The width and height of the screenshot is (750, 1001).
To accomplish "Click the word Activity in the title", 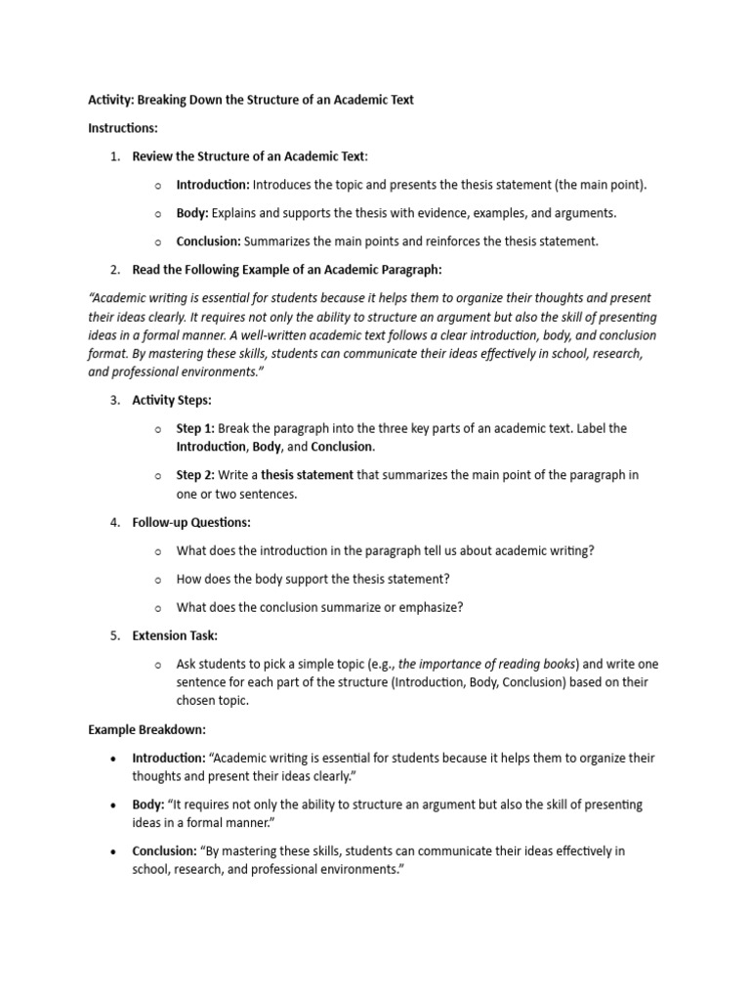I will pos(110,100).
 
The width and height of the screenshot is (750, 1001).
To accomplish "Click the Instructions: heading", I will pos(123,128).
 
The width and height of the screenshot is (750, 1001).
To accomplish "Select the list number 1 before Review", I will pos(114,156).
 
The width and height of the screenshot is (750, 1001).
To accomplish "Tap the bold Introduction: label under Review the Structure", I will pos(213,185).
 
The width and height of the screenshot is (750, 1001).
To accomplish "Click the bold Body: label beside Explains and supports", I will pos(192,213).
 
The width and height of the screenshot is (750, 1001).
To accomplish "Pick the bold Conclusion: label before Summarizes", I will pos(208,241).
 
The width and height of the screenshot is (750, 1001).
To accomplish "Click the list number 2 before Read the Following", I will pos(114,270).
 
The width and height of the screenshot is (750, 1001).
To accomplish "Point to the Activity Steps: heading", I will pos(171,401).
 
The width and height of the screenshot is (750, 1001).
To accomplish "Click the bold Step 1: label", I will pos(195,429).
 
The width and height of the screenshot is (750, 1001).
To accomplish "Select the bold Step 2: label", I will pos(195,476).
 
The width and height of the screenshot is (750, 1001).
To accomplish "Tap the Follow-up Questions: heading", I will pos(191,523).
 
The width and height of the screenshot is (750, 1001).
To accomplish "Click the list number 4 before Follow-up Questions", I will pos(114,523).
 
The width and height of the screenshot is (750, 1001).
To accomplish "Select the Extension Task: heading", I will pos(175,635).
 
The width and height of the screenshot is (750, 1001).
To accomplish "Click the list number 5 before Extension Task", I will pos(114,635).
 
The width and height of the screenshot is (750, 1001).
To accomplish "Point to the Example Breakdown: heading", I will pos(146,729).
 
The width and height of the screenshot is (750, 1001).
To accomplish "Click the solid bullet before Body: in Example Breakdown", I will pos(114,805).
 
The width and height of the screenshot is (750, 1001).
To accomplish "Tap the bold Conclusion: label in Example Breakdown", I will pos(164,851).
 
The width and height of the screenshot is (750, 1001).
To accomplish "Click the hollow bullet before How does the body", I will pos(158,580).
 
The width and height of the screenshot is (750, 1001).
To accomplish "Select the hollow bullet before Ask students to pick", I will pos(158,664).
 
